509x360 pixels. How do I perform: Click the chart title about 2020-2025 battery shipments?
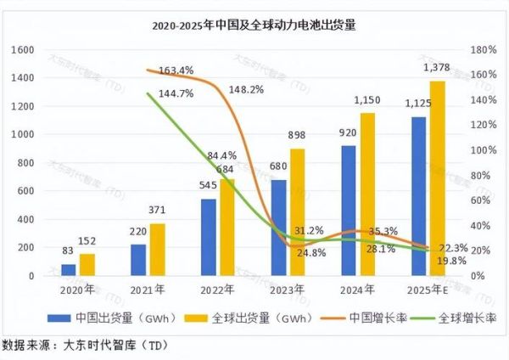pos(255,26)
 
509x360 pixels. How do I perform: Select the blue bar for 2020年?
pos(68,269)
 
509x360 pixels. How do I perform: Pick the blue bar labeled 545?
pos(208,237)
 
